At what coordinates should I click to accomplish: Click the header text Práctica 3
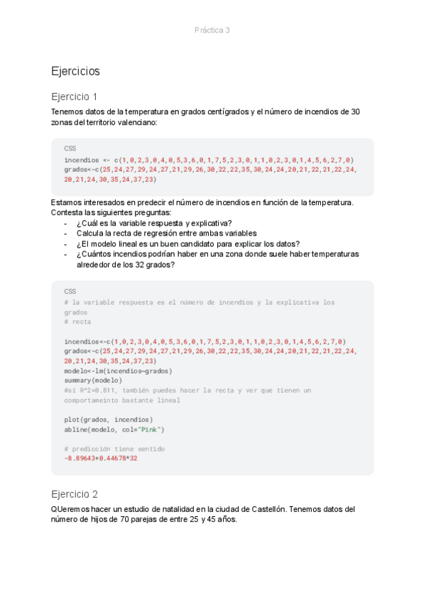click(212, 30)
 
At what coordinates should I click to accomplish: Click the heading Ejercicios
click(75, 71)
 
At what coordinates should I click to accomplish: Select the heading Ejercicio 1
click(75, 97)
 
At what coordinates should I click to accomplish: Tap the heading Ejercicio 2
click(75, 493)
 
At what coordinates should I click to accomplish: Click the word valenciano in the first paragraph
click(138, 122)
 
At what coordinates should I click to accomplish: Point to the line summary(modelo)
click(93, 380)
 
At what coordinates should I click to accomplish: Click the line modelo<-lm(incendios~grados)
click(118, 371)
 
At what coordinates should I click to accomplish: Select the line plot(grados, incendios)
click(108, 419)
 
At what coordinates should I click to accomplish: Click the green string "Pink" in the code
click(149, 429)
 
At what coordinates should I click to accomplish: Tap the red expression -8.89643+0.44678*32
click(101, 458)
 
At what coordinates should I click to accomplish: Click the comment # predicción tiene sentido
click(114, 449)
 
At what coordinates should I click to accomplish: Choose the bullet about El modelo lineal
click(187, 243)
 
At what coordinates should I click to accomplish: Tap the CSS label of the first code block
click(70, 148)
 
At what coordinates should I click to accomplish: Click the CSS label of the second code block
click(70, 291)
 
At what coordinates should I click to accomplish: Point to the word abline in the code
click(76, 429)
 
